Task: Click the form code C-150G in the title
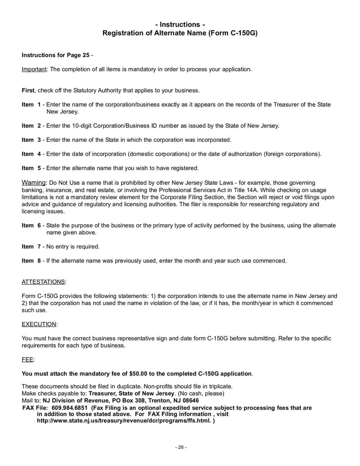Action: point(241,33)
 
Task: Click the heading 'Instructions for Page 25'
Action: point(55,55)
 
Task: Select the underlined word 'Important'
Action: point(35,69)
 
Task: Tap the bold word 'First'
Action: point(28,90)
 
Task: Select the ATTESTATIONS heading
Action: point(43,282)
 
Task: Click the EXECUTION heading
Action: point(39,324)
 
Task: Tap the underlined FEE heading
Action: point(27,360)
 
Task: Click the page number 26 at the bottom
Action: point(180,448)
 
